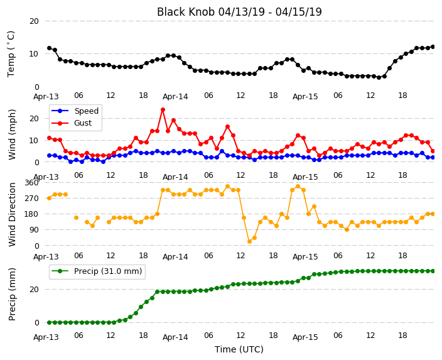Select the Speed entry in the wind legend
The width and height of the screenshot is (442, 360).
tap(75, 111)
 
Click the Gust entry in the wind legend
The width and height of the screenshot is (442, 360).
tap(72, 123)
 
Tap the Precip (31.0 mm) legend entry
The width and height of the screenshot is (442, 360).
tap(97, 271)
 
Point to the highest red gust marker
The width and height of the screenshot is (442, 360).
tap(163, 110)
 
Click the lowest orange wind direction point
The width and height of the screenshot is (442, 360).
tap(249, 241)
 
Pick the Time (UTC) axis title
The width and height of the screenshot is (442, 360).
tap(239, 349)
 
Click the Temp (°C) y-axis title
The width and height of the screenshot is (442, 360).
tap(11, 54)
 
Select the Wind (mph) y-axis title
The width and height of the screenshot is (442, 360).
tap(12, 134)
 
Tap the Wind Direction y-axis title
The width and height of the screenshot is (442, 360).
tap(12, 214)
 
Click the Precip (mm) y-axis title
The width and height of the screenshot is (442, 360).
tap(12, 294)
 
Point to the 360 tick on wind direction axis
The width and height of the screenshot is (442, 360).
tap(31, 183)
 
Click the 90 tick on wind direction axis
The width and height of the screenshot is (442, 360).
tap(34, 230)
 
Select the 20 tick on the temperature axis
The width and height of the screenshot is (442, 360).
tap(34, 21)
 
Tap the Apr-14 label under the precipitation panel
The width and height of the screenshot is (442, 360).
tap(175, 337)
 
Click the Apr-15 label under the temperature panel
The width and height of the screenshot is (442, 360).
tap(305, 97)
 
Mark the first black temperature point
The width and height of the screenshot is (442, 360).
tap(50, 48)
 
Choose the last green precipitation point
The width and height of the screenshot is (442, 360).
tap(433, 271)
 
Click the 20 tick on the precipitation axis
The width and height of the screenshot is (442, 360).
tap(34, 290)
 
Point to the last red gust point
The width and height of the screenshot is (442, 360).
tap(433, 151)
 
